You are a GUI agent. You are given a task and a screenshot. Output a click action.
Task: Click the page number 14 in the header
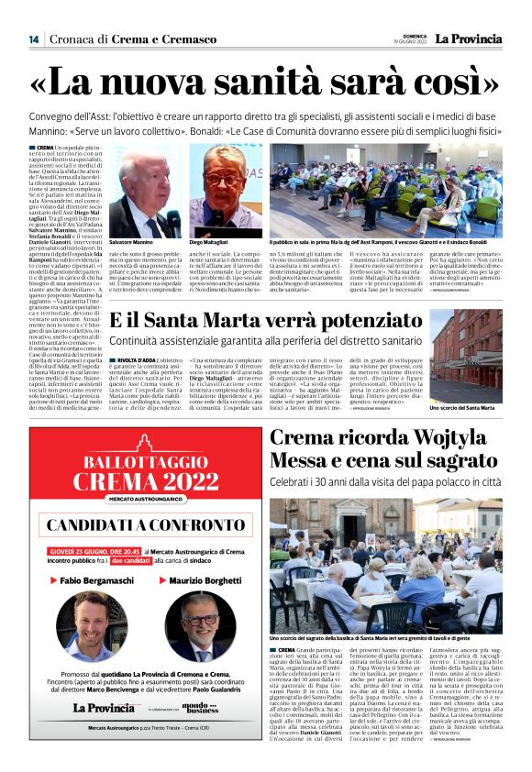(34, 39)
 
